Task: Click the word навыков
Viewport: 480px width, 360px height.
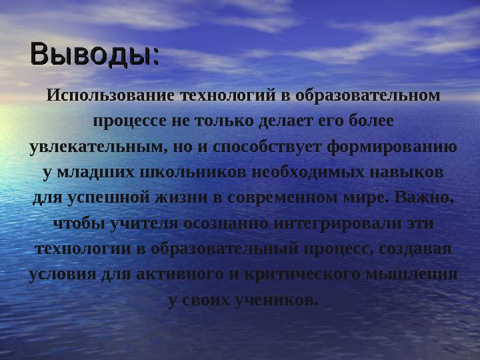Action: [x=409, y=172]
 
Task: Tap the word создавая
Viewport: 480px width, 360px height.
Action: [x=416, y=249]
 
